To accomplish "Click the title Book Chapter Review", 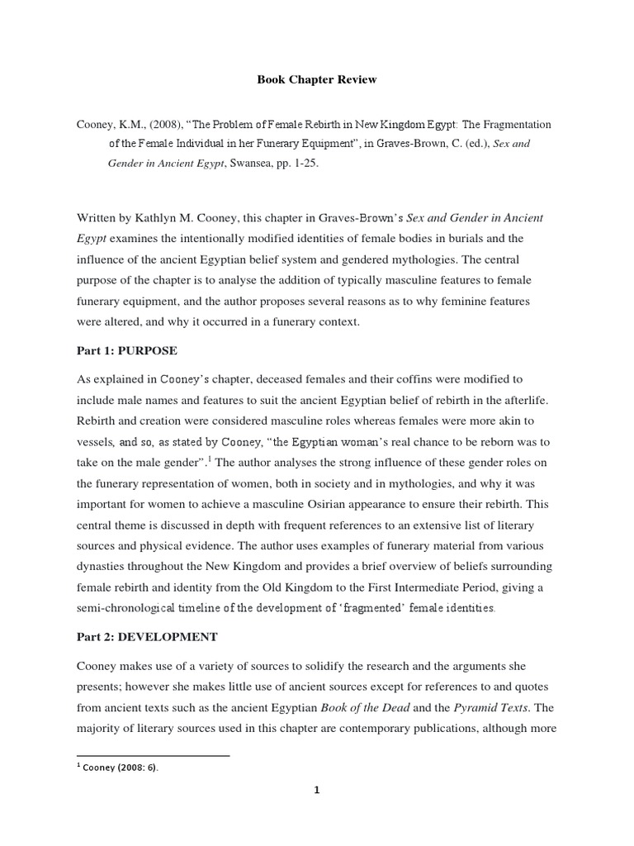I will [316, 80].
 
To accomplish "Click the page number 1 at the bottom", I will [316, 790].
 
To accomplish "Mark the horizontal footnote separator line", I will [153, 755].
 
